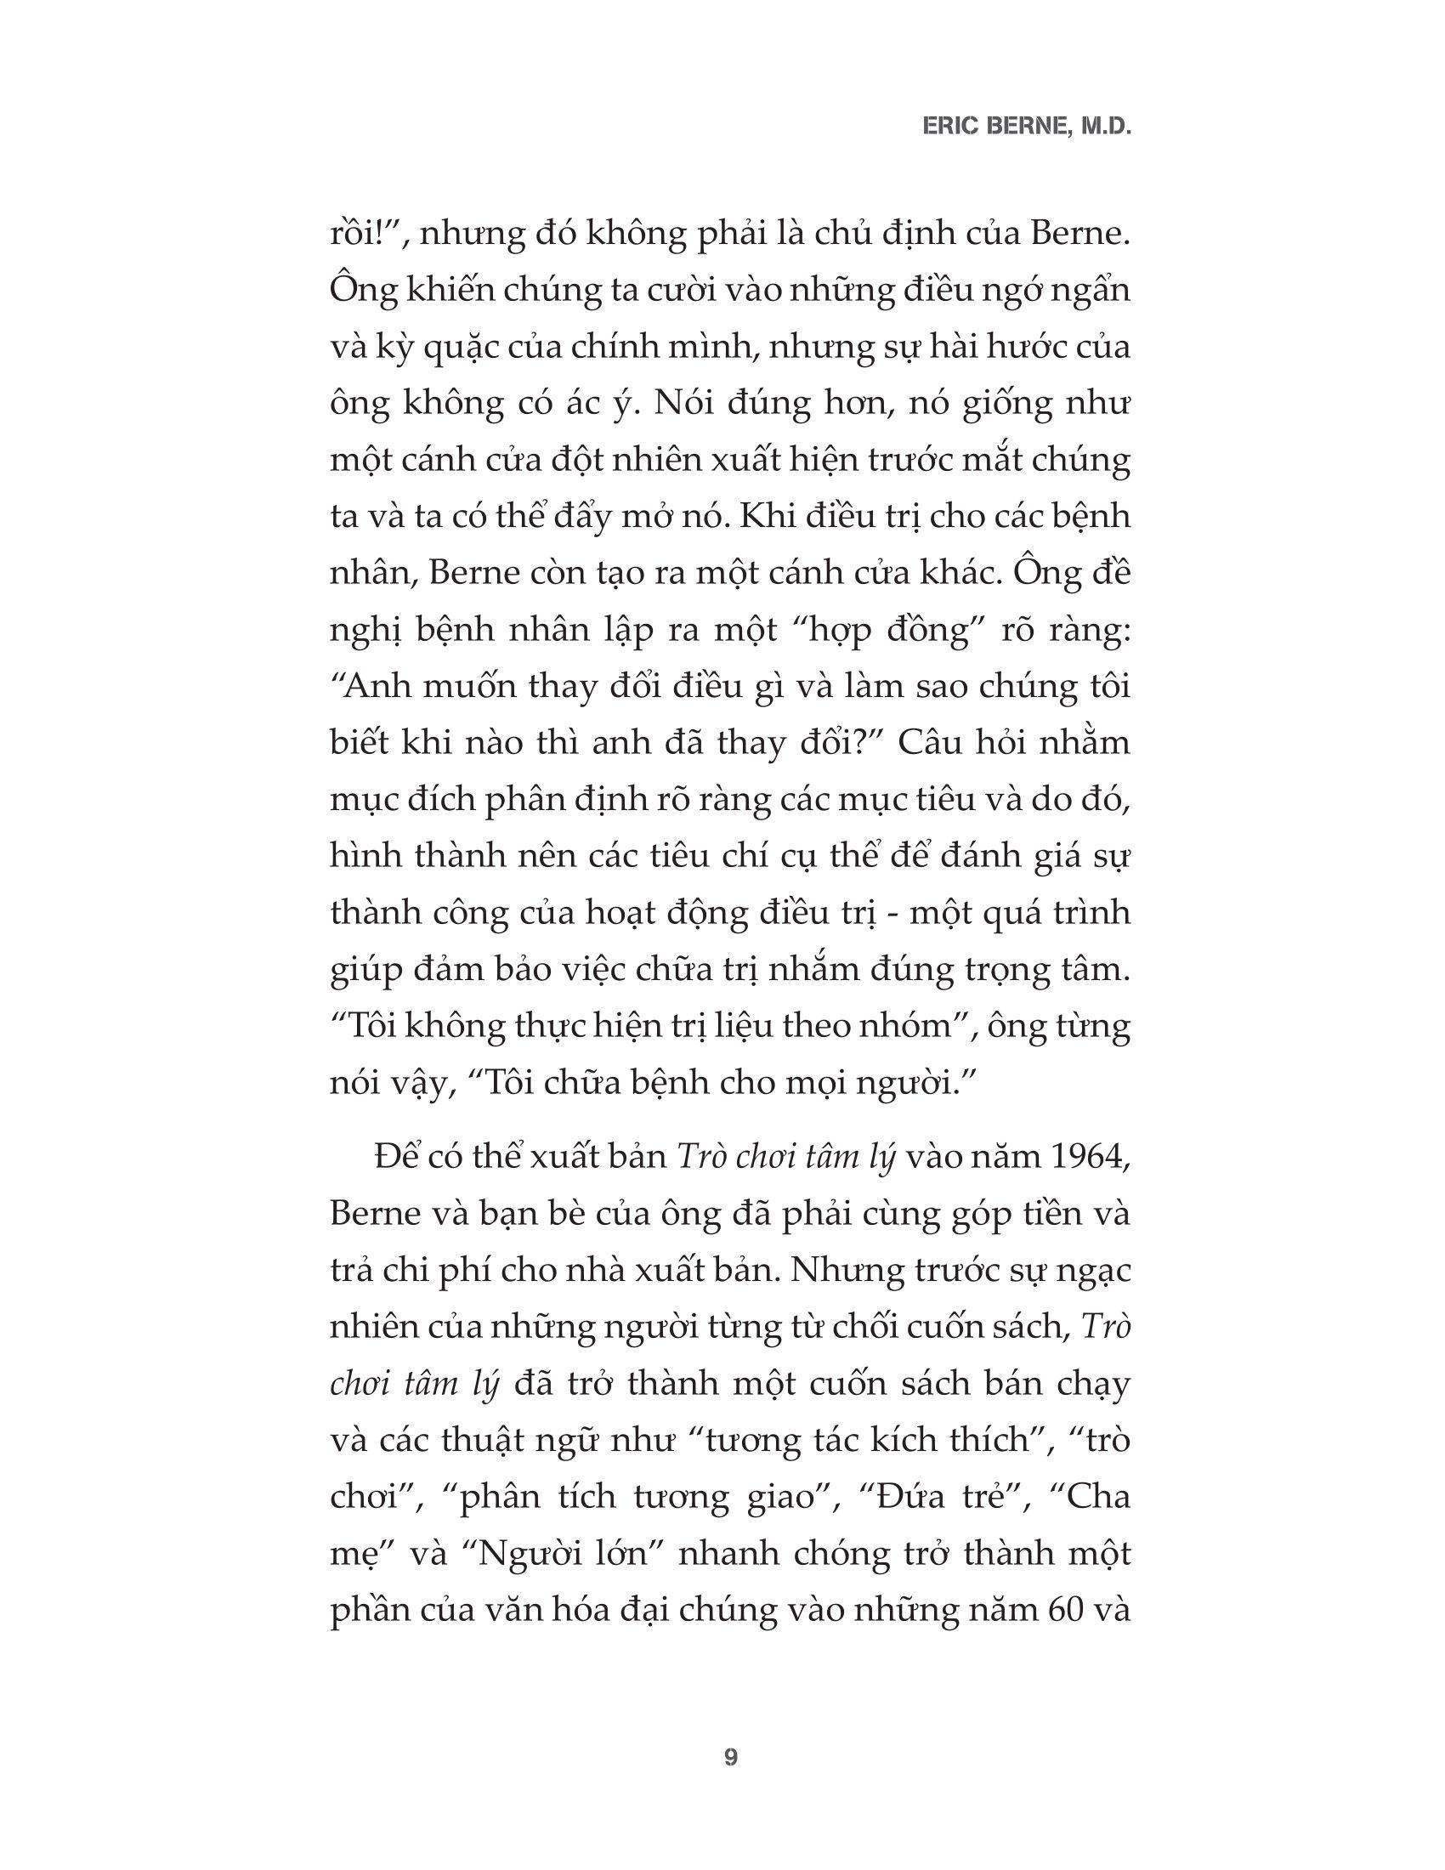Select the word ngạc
coord(1091,1272)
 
